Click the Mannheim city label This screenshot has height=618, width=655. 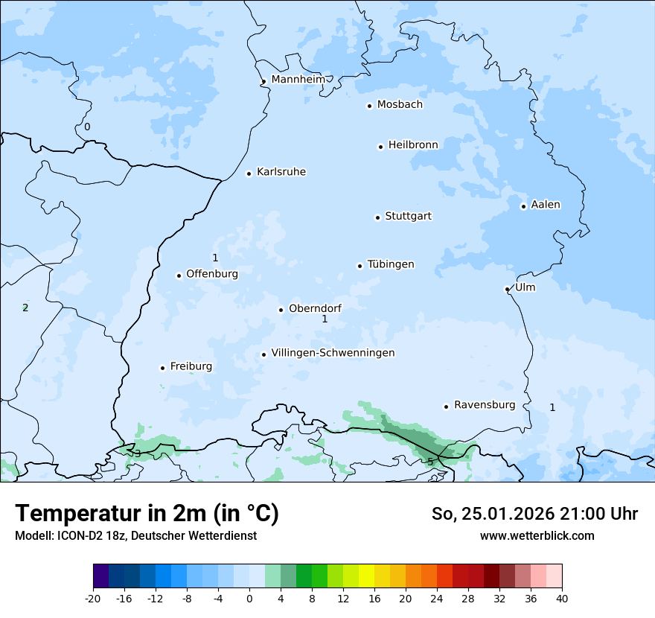[x=298, y=79]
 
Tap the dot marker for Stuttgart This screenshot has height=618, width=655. [x=377, y=217]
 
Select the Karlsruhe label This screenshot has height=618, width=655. [x=281, y=172]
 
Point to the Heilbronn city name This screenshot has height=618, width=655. [x=413, y=144]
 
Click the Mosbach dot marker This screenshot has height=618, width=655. [x=369, y=106]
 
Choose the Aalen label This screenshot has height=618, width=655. [x=546, y=205]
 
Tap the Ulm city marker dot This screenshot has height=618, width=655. [x=507, y=289]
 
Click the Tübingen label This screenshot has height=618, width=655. [x=391, y=264]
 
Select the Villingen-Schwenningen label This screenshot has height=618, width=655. [x=333, y=353]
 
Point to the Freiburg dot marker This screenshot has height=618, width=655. [x=162, y=368]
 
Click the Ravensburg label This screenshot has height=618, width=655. [x=485, y=405]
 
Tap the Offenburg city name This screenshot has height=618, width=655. [x=212, y=274]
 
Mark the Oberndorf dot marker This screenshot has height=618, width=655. [x=281, y=310]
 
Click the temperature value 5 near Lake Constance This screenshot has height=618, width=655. [x=430, y=462]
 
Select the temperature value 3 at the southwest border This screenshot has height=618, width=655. [x=137, y=453]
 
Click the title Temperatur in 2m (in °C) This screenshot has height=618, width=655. [x=147, y=514]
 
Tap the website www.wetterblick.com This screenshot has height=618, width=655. [x=537, y=535]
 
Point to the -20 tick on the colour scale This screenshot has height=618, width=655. [x=93, y=598]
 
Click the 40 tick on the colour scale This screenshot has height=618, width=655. [x=562, y=598]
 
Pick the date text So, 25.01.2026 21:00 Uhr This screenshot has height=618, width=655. [x=534, y=514]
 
